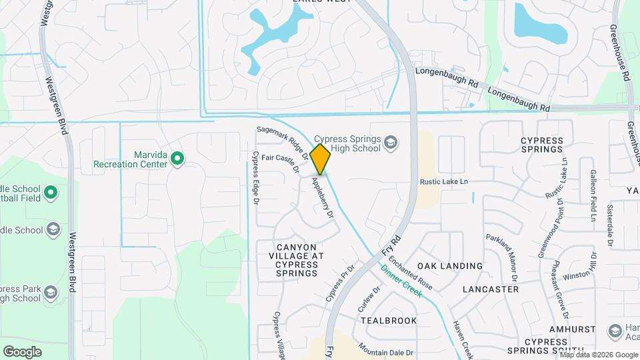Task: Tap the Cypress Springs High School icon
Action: (391, 142)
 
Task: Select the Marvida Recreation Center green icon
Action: (177, 158)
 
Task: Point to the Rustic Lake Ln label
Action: (444, 181)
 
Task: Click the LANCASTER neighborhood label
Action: (490, 289)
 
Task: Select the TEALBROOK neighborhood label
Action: (389, 321)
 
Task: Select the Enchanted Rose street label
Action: (411, 273)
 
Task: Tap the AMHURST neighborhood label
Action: (571, 330)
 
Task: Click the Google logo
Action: (22, 351)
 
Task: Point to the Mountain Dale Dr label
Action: (385, 349)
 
